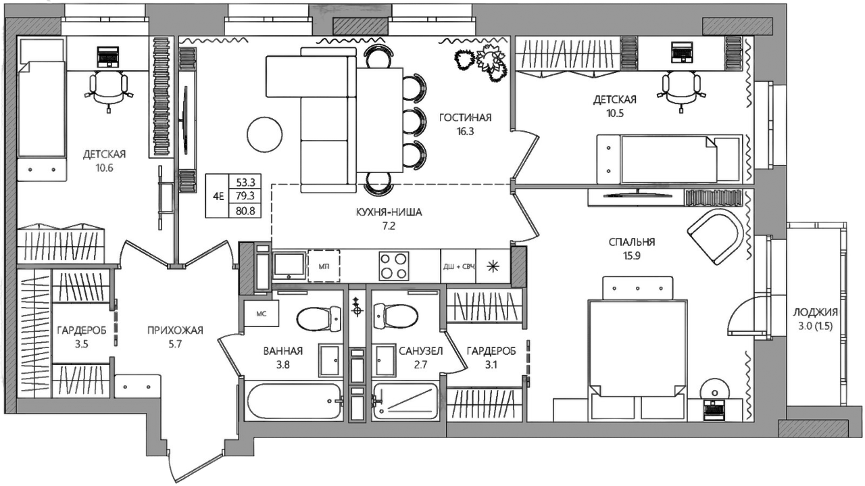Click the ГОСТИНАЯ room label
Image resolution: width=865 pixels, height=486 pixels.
pos(466,118)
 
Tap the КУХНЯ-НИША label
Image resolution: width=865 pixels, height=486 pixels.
pos(389,212)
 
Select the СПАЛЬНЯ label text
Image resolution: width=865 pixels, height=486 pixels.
pos(632,242)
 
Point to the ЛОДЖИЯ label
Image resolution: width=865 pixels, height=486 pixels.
pos(816,312)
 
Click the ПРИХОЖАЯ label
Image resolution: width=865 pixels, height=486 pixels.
pos(175,331)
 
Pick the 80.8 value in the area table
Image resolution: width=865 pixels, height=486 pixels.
pos(245,211)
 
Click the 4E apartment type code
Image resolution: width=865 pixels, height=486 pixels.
pos(218,196)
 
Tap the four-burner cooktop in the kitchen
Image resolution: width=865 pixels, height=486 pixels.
pos(393,266)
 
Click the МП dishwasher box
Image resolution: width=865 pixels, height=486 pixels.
pos(324,266)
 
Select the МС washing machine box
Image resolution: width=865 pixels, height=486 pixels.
pos(262,314)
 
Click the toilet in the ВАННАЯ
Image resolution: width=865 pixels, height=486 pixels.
pos(319,319)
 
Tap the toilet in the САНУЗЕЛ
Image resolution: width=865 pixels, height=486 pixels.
pos(396,317)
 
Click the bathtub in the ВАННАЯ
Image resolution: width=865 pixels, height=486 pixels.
pos(294,401)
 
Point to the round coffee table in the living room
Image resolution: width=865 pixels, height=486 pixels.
pos(264,135)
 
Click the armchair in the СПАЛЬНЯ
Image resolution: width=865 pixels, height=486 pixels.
pos(716,237)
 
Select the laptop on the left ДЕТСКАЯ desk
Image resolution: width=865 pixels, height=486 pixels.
pos(107,57)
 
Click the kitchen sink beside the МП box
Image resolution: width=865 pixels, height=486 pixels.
pos(289,266)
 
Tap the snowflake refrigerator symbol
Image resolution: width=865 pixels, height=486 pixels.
pos(493,266)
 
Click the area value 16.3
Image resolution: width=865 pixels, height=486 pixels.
pos(466,131)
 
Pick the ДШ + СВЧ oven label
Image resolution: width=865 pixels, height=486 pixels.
pos(458,266)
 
